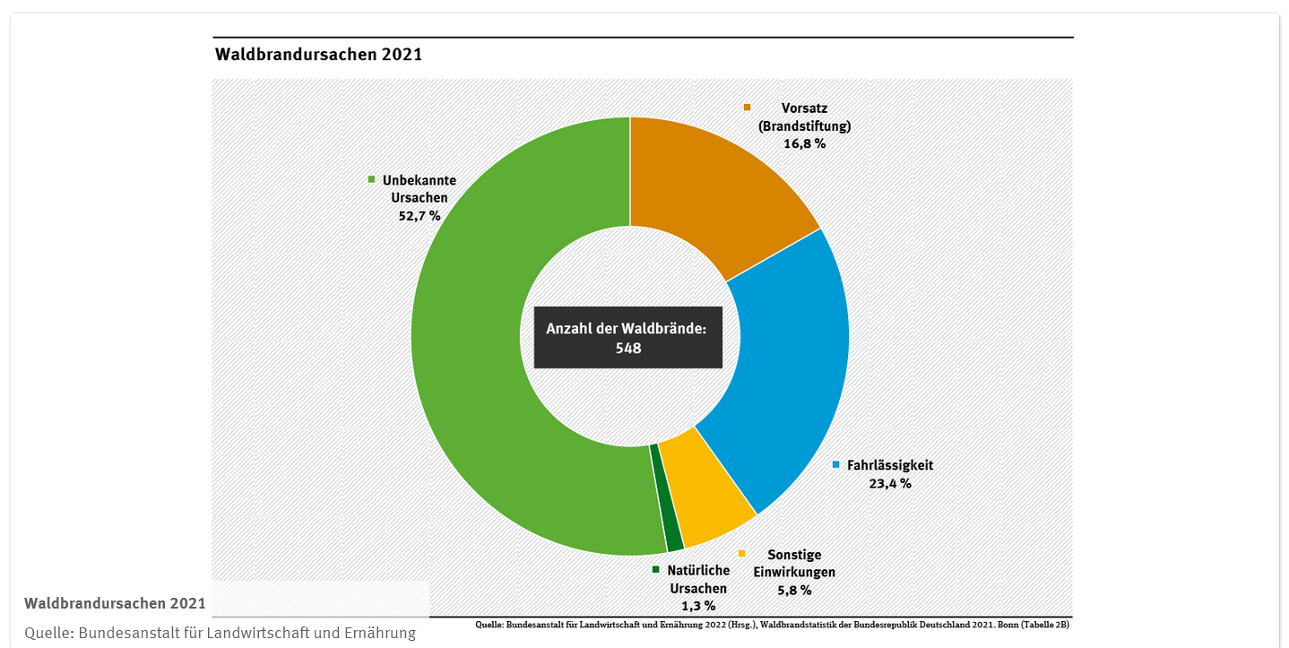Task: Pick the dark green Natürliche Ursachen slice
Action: click(x=667, y=497)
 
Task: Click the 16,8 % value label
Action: click(x=804, y=143)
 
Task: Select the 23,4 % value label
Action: click(x=889, y=483)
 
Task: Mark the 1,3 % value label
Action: click(x=698, y=605)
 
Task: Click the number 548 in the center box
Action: click(x=628, y=349)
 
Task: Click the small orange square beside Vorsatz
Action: click(x=747, y=108)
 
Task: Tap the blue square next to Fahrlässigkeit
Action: click(x=835, y=465)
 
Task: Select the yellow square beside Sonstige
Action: click(x=741, y=554)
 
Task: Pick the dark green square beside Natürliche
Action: click(x=655, y=570)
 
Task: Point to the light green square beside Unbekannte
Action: click(x=371, y=179)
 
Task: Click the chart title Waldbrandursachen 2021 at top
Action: click(x=318, y=55)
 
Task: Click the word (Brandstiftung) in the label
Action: click(x=804, y=125)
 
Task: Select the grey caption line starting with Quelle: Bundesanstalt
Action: click(x=221, y=633)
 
